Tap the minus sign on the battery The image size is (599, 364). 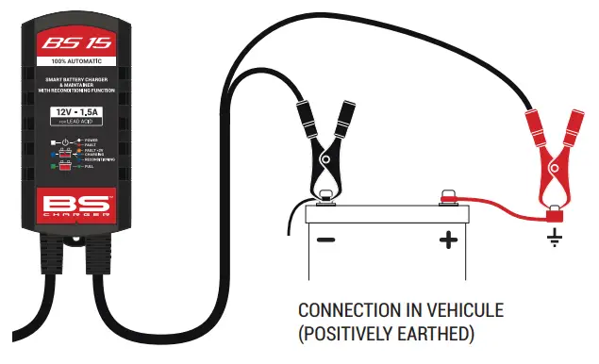pos(325,240)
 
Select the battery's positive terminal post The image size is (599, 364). pos(448,198)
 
